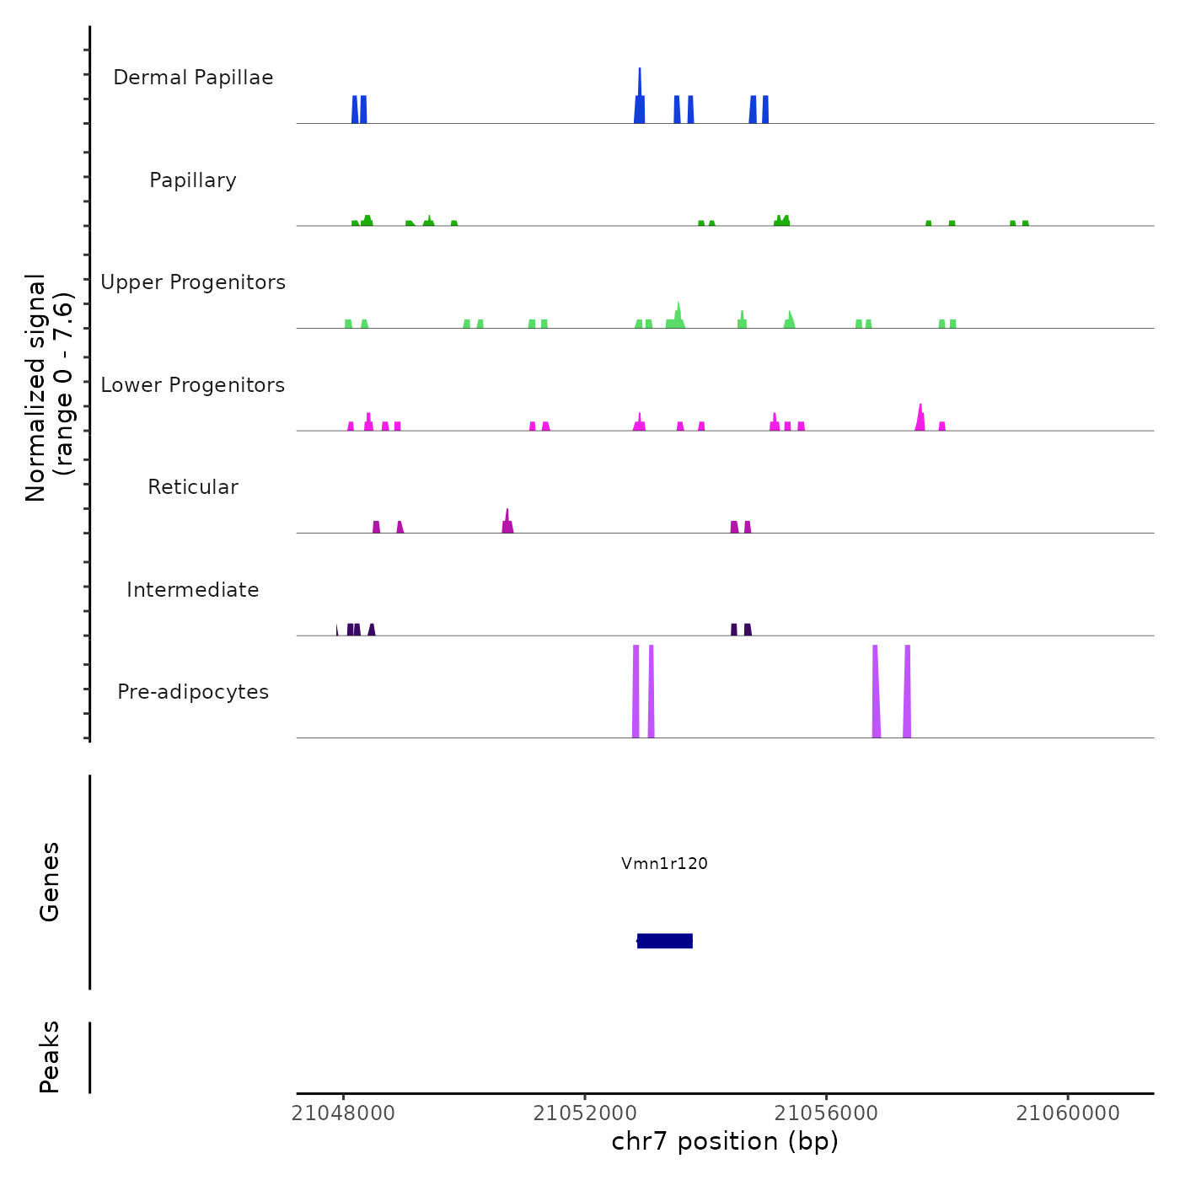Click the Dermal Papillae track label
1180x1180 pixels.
pos(193,78)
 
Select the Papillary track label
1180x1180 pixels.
pos(193,180)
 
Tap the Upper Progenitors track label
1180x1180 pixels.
pos(193,282)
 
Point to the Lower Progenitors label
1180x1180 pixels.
pos(193,385)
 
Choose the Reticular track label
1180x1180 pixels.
pos(193,487)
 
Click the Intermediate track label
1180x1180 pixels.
pos(193,590)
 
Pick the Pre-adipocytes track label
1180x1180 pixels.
pos(193,692)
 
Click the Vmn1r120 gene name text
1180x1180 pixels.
pos(664,863)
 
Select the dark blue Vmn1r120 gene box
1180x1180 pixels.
pos(664,941)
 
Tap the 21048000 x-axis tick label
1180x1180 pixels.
pos(343,1113)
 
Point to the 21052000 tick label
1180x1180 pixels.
pos(585,1113)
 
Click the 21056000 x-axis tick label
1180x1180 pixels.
pos(826,1113)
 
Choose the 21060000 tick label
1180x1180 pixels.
pos(1068,1113)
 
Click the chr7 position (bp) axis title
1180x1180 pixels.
pos(725,1141)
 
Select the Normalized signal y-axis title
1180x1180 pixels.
pos(49,388)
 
